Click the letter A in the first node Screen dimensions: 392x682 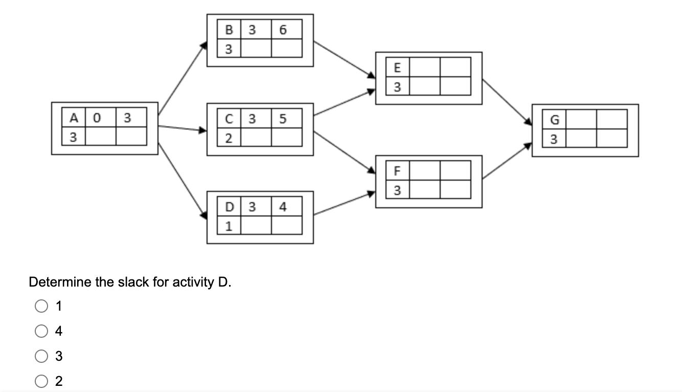(74, 118)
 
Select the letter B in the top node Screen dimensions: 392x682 (229, 30)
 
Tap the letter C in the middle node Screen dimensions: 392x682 (229, 119)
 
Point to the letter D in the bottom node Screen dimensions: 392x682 (229, 207)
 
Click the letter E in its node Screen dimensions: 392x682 (398, 68)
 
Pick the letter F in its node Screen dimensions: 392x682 (398, 171)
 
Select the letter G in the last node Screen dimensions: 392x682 (554, 120)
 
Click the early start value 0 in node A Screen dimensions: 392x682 (100, 118)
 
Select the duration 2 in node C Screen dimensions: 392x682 (229, 138)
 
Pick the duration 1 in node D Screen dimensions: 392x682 (229, 226)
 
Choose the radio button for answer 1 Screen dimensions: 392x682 (41, 307)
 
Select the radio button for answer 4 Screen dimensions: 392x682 (41, 331)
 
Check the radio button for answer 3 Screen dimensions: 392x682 (41, 356)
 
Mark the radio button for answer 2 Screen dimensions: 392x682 (41, 381)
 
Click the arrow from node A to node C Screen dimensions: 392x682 (182, 128)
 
